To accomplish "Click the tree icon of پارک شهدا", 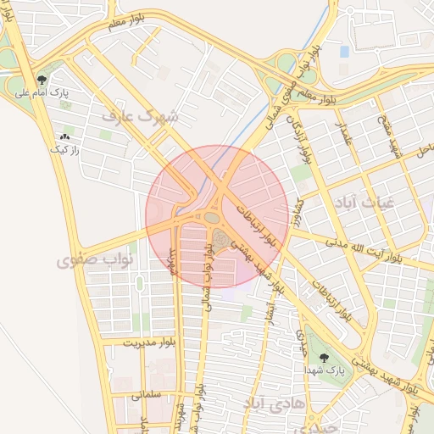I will click(x=323, y=359).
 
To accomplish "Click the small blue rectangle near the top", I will click(x=344, y=52).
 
